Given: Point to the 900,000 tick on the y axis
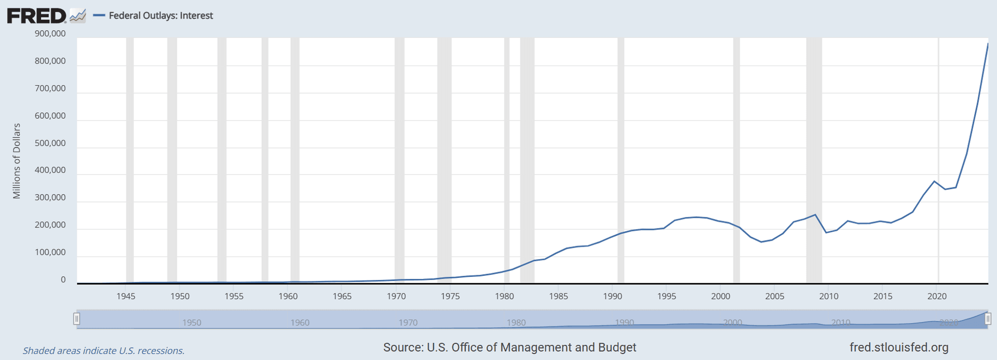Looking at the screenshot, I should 50,34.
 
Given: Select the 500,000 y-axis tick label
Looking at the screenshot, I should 50,143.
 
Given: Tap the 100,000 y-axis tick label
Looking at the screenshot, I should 50,252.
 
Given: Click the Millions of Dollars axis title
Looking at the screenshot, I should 17,161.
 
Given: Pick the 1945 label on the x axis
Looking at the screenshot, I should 126,296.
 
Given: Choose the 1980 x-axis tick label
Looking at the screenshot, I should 504,296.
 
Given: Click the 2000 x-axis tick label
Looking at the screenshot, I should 721,296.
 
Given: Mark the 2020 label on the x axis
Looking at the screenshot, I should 937,296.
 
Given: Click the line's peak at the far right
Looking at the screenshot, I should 988,44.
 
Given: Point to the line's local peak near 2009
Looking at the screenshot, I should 815,215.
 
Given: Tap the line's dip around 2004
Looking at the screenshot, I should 761,242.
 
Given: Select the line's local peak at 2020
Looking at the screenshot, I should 934,181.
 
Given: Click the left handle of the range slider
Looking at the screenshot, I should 77,318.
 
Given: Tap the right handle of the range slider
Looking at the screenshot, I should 988,318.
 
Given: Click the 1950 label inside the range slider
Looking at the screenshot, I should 192,323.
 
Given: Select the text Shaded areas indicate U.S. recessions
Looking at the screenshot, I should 103,351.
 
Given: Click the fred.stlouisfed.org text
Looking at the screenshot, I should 899,348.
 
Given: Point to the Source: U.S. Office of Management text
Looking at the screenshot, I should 509,348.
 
